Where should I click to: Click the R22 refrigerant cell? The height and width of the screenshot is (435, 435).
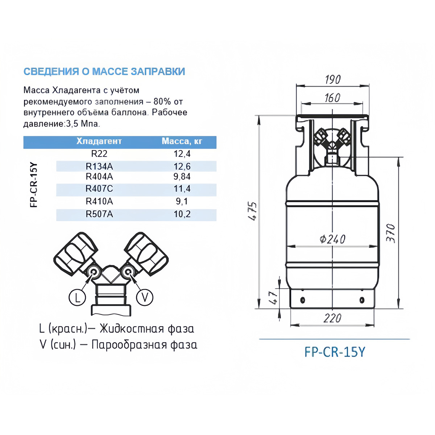pyautogui.click(x=99, y=154)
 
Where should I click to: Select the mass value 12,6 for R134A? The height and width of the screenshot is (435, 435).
pyautogui.click(x=182, y=167)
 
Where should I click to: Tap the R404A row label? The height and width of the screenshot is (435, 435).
pyautogui.click(x=99, y=177)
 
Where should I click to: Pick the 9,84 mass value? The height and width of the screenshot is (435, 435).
pyautogui.click(x=182, y=177)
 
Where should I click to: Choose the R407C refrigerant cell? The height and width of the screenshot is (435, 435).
pyautogui.click(x=99, y=188)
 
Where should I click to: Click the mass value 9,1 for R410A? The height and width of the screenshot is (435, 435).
pyautogui.click(x=182, y=201)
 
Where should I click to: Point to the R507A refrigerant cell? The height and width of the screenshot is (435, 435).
pyautogui.click(x=99, y=214)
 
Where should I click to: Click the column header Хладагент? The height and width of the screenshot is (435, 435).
pyautogui.click(x=99, y=141)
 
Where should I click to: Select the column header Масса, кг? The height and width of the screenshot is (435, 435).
pyautogui.click(x=182, y=141)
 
